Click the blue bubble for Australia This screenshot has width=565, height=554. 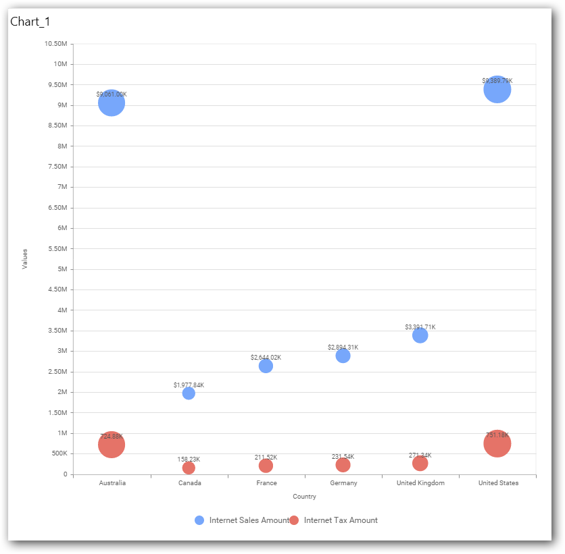112,103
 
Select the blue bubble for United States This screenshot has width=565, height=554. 497,89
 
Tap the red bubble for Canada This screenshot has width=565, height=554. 189,468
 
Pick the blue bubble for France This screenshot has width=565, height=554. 266,366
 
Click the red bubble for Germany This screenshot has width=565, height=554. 343,465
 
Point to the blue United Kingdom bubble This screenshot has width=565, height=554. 420,335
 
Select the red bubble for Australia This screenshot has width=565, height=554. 112,445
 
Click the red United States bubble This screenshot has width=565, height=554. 497,443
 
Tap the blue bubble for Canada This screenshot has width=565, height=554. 189,393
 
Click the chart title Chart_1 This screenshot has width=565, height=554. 30,22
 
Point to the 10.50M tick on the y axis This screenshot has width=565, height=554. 55,44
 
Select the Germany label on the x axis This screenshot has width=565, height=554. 343,483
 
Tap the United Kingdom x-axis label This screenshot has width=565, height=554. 420,483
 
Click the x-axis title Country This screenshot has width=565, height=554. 304,497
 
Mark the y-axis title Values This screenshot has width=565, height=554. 25,259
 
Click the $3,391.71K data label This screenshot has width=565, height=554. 420,327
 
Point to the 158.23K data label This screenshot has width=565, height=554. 189,460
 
